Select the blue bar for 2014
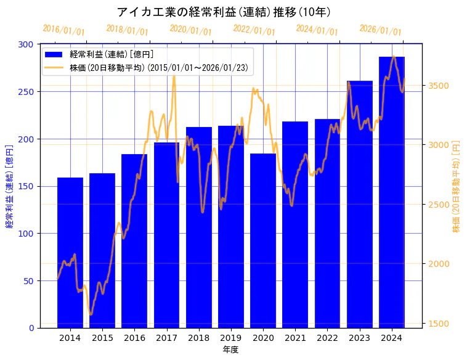click(70, 253)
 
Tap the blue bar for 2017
click(166, 235)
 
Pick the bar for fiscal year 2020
click(263, 240)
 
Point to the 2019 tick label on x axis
click(231, 338)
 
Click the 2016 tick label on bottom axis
click(134, 338)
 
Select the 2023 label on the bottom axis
click(360, 338)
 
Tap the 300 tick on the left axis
click(26, 44)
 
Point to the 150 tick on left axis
click(26, 186)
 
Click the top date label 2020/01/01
click(190, 30)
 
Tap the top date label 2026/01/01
click(380, 30)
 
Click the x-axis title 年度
click(231, 350)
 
